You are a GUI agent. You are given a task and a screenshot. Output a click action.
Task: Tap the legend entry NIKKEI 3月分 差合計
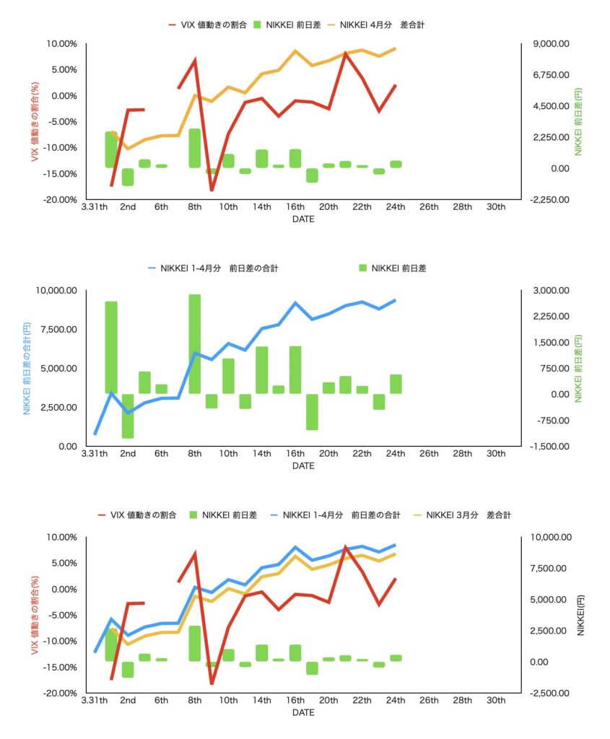click(x=469, y=515)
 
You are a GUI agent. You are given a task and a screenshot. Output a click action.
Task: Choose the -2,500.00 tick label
click(x=550, y=693)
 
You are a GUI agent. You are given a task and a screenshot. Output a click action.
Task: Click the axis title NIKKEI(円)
click(x=582, y=615)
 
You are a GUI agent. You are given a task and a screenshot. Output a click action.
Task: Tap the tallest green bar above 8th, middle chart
click(x=195, y=344)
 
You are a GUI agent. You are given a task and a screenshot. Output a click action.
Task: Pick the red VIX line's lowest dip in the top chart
click(x=212, y=191)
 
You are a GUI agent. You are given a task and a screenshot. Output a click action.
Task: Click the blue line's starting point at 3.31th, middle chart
click(x=95, y=434)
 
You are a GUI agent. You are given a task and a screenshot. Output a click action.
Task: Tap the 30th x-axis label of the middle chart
click(x=496, y=453)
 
